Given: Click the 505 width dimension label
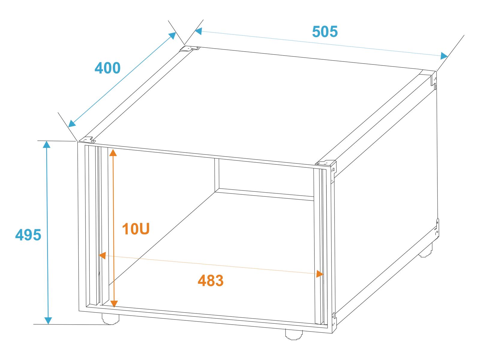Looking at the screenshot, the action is point(325,32).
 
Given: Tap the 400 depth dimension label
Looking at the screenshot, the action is point(107,68).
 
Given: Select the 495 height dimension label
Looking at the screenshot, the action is point(28,235).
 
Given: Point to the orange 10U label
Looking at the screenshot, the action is point(136,229).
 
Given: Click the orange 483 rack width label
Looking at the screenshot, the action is point(210,281).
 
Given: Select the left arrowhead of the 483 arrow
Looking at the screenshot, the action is point(103,255).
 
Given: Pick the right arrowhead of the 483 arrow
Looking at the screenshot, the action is point(320,274).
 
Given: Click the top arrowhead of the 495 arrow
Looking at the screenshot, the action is point(46,145).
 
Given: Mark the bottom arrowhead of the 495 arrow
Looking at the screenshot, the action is point(48,321).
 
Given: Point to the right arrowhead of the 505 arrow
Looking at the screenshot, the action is point(444,56).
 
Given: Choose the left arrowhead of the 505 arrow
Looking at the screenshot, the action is point(198,31).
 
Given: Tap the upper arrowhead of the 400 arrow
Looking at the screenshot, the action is point(172,36).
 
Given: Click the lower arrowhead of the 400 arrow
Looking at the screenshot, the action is point(72,124).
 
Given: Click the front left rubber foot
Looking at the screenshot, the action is point(110,319).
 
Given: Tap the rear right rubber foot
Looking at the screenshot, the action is point(425,251).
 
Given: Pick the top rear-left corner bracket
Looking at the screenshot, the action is point(190,49).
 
